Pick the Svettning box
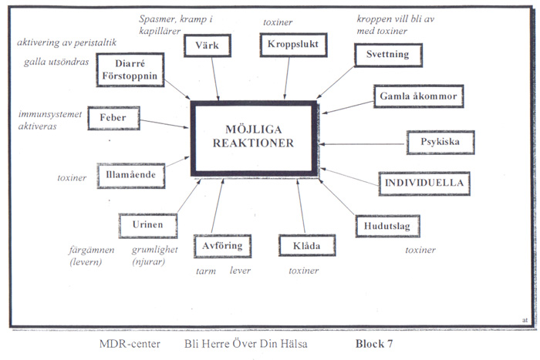click(x=387, y=56)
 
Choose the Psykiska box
click(x=440, y=143)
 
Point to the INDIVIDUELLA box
click(x=424, y=183)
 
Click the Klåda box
click(x=306, y=246)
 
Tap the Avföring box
click(x=221, y=246)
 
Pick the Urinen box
click(x=147, y=226)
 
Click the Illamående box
click(x=130, y=176)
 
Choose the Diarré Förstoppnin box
click(x=130, y=70)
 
